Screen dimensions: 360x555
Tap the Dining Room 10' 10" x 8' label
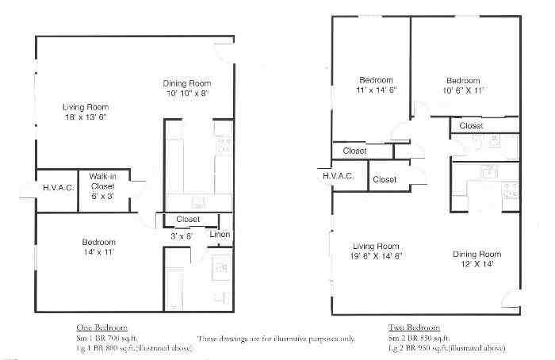186,88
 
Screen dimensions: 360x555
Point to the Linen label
220,234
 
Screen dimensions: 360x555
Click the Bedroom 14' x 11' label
99,247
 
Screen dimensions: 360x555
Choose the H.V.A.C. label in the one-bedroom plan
57,187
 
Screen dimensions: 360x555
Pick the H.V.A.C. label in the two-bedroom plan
338,177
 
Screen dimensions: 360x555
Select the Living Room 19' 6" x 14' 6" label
376,251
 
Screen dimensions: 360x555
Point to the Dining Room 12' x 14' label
477,259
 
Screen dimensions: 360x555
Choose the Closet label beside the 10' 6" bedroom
471,125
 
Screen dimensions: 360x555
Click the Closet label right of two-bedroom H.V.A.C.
385,180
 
